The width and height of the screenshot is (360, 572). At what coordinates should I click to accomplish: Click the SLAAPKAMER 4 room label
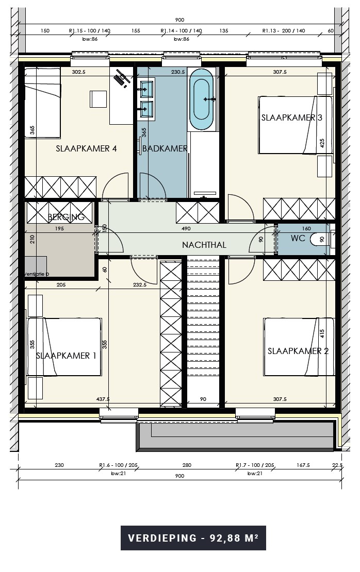tap(86, 148)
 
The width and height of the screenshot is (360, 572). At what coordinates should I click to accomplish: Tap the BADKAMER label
tap(165, 148)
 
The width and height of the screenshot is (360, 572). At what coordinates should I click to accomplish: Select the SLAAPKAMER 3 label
tap(291, 117)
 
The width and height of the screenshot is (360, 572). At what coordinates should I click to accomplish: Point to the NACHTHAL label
tap(204, 245)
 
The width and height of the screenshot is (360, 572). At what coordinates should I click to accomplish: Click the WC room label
tap(298, 239)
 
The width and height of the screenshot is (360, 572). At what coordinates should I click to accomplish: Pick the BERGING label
tap(66, 217)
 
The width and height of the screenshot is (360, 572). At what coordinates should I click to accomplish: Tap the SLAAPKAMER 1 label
tap(66, 355)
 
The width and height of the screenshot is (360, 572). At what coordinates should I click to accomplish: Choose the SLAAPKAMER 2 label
tap(298, 351)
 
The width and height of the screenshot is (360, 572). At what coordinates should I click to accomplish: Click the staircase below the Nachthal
tap(203, 330)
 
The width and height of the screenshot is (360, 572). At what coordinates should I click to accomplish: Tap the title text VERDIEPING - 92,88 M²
tap(193, 539)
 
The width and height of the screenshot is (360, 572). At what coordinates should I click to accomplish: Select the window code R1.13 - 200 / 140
tap(284, 31)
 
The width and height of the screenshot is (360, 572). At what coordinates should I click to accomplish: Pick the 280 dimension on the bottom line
tap(187, 465)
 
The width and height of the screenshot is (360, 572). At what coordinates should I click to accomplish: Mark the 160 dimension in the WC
tap(306, 229)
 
